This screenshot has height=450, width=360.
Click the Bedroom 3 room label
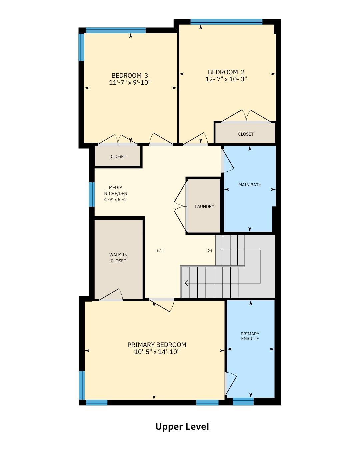129,75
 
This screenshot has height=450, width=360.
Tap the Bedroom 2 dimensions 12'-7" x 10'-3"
226,79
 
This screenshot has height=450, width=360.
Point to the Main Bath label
250,185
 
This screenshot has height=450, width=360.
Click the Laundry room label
204,207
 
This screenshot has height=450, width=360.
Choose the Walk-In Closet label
118,258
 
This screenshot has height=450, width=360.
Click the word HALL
161,251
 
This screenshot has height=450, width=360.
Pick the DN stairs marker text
209,251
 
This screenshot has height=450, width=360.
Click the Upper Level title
182,427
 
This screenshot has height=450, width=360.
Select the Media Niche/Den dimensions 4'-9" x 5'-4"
115,199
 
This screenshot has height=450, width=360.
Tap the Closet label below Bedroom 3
118,156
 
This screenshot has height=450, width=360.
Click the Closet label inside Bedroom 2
246,134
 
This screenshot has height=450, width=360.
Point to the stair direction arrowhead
187,283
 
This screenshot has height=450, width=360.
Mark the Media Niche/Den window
92,194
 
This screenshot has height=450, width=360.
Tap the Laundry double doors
181,206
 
